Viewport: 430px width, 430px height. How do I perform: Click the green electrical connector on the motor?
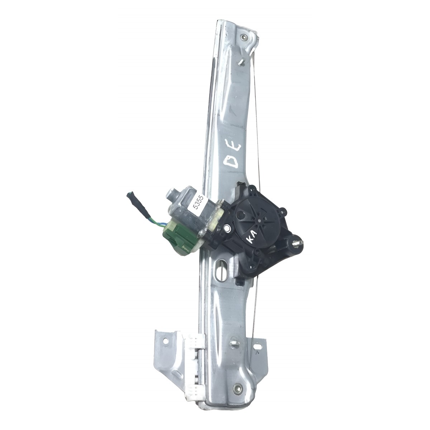coord(176,236)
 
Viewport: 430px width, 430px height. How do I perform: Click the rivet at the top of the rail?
coord(244,38)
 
